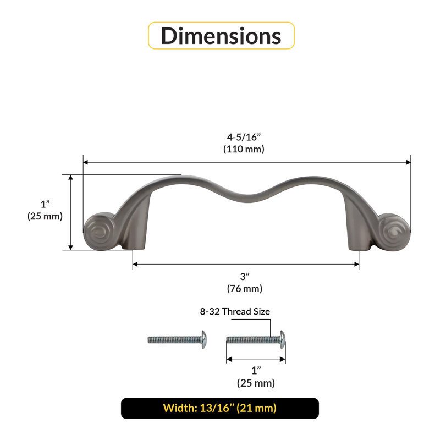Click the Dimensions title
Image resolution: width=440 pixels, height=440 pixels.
[221, 36]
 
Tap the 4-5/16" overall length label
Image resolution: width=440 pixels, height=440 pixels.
[244, 137]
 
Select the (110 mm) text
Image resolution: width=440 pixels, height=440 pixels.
[244, 148]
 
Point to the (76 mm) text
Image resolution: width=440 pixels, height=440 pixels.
[245, 288]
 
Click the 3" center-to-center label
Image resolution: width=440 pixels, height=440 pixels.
[245, 277]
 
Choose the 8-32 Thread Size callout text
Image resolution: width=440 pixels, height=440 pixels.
[235, 311]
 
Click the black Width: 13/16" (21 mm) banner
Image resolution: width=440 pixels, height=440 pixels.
[220, 408]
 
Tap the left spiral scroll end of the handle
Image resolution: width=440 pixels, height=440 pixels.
[99, 232]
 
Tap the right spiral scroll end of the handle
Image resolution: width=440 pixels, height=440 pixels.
[394, 232]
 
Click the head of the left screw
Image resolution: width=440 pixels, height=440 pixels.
[204, 339]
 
